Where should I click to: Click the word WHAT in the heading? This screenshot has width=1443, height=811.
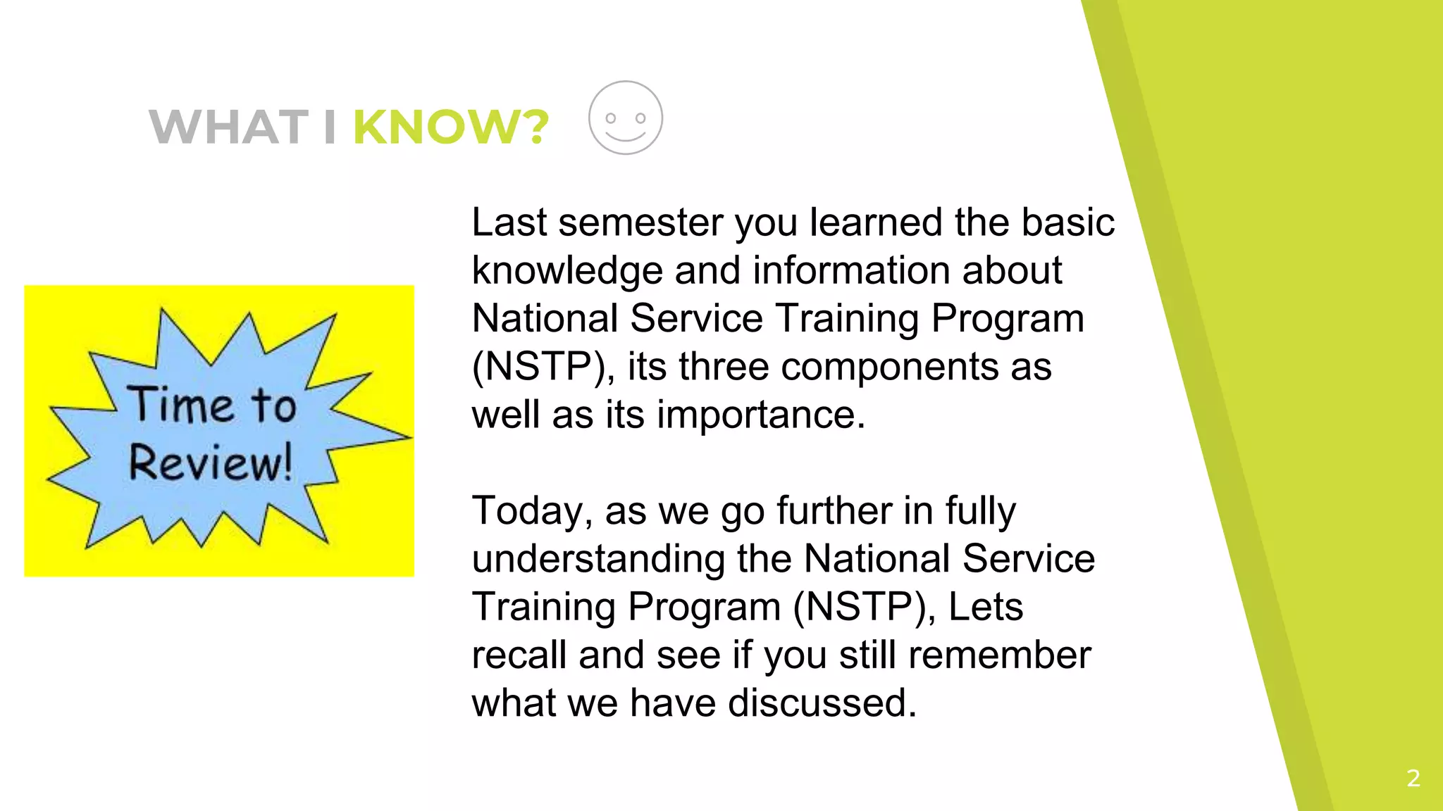click(x=229, y=127)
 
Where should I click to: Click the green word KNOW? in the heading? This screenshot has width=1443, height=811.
click(x=450, y=127)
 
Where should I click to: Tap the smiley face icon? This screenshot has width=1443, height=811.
click(x=626, y=118)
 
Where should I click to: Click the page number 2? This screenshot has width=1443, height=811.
click(x=1413, y=778)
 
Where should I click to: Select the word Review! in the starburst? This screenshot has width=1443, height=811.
click(x=210, y=463)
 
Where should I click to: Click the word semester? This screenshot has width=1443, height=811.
click(x=640, y=222)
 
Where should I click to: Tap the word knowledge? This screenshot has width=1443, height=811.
click(x=566, y=271)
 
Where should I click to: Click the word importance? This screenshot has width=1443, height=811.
click(x=761, y=415)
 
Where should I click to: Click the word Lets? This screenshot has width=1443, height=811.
click(x=985, y=607)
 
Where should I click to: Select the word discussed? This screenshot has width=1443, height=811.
click(x=822, y=703)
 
